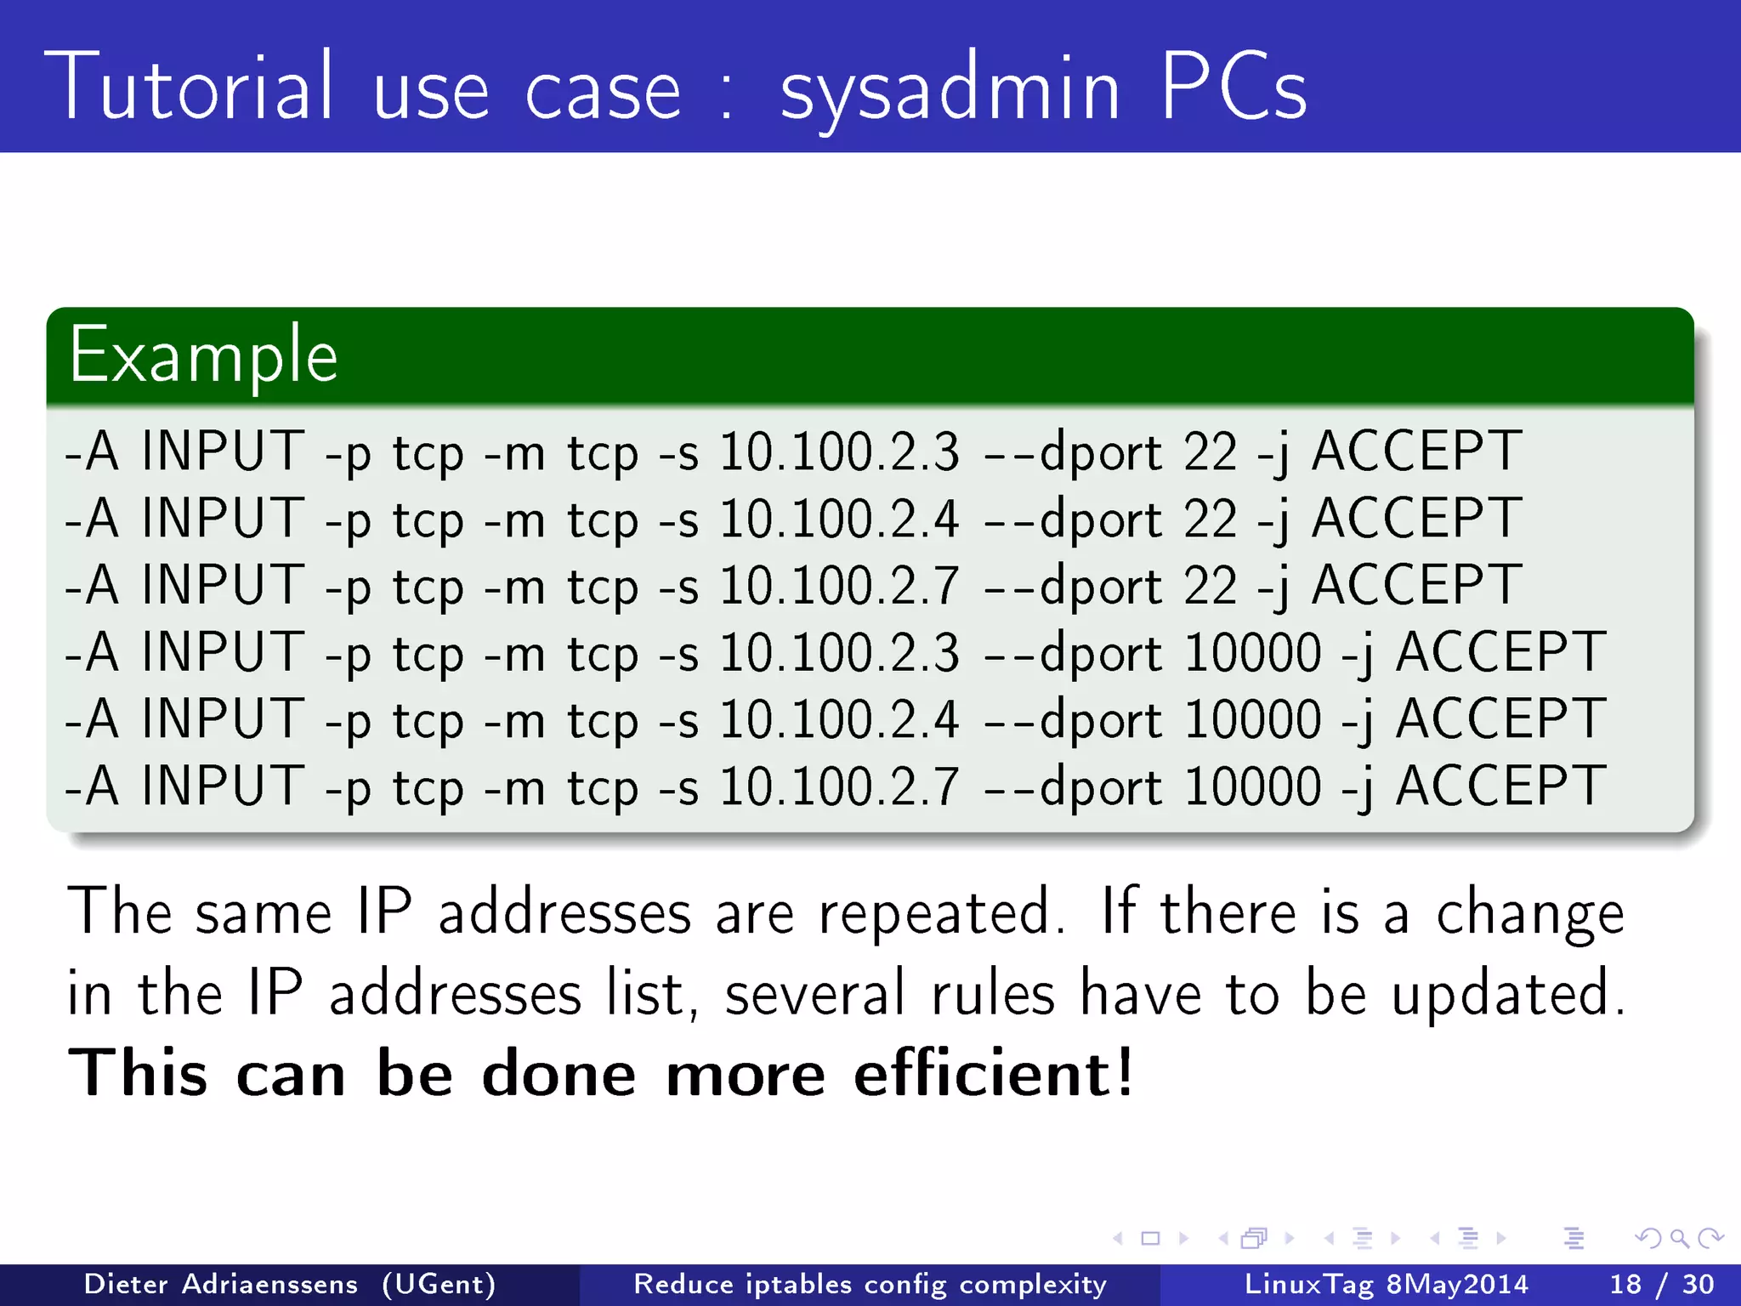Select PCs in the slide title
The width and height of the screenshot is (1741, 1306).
(x=1233, y=87)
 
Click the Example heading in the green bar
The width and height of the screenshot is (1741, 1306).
(x=203, y=355)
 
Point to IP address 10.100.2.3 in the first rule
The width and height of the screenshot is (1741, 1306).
(x=839, y=451)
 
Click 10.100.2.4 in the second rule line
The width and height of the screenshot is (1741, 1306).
(x=839, y=519)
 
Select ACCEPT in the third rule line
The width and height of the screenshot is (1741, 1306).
(x=1415, y=585)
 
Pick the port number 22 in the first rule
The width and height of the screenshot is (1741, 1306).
(x=1210, y=451)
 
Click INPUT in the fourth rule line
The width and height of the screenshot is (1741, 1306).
(x=223, y=652)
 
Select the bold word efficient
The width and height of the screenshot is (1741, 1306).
(x=993, y=1073)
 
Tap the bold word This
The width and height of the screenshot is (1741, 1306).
(x=137, y=1073)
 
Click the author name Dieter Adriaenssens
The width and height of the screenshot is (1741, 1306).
(x=221, y=1284)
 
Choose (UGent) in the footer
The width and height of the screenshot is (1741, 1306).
(x=439, y=1284)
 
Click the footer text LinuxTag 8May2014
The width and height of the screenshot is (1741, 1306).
(x=1386, y=1284)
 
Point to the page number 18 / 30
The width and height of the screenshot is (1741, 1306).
(x=1661, y=1284)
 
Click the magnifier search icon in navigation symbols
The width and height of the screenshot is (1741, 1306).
(x=1679, y=1238)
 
